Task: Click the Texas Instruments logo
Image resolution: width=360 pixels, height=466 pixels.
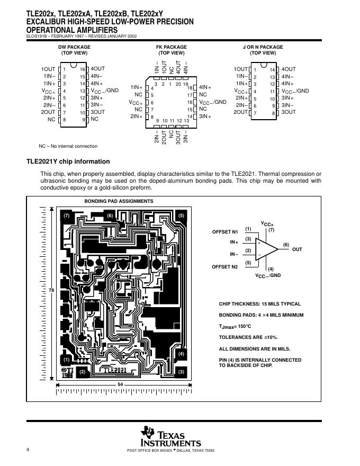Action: [x=170, y=437]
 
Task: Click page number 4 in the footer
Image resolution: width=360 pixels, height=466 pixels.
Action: [x=27, y=450]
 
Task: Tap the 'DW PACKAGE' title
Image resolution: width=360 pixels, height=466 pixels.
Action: [x=74, y=47]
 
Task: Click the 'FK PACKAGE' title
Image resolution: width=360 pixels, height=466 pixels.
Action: [x=172, y=47]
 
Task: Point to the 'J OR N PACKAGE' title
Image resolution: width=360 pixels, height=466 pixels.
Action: [x=263, y=47]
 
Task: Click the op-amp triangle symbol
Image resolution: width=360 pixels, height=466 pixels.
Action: [x=266, y=248]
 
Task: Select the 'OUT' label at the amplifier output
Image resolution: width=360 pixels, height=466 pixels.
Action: [x=297, y=249]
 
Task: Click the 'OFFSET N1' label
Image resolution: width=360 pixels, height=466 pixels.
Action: [x=225, y=232]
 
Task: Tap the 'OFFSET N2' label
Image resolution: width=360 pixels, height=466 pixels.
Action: [x=225, y=266]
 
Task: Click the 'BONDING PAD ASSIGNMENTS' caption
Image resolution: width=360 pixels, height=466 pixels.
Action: [x=119, y=201]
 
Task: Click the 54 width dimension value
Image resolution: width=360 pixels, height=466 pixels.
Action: [x=120, y=383]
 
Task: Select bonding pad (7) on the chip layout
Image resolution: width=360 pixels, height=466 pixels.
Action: [x=66, y=216]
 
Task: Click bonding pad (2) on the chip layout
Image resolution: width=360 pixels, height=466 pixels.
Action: [x=82, y=372]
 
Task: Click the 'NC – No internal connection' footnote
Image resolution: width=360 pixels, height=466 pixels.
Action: [x=68, y=146]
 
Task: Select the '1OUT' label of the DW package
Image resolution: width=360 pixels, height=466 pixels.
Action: [x=48, y=69]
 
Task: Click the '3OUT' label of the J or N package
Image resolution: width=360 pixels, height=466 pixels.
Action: [x=289, y=112]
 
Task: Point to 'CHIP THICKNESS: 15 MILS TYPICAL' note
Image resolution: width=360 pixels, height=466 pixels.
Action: [x=259, y=304]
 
